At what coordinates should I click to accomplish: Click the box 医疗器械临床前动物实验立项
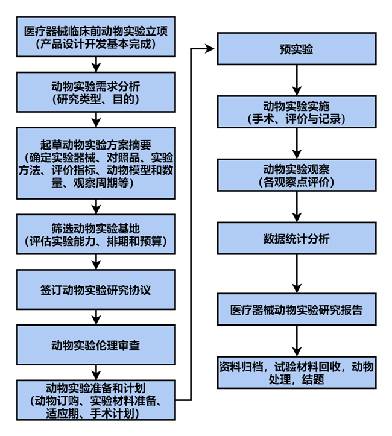(x=96, y=37)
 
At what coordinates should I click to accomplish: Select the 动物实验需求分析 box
(x=96, y=92)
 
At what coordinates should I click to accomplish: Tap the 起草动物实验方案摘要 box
(x=96, y=163)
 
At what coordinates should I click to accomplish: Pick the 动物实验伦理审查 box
(x=96, y=345)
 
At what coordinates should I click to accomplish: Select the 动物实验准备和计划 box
(x=96, y=400)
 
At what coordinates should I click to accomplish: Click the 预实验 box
(x=296, y=49)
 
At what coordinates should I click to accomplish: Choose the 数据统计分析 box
(x=296, y=239)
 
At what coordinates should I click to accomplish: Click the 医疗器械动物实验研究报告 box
(x=296, y=310)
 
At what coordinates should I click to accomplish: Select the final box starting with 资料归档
(x=296, y=373)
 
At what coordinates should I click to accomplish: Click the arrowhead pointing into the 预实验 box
(x=209, y=49)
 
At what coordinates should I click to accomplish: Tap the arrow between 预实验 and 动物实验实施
(x=296, y=80)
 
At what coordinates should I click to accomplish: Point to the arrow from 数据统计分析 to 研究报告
(x=296, y=275)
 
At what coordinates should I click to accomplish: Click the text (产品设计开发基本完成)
(x=96, y=43)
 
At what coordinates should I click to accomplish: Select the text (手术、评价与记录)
(x=296, y=119)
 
